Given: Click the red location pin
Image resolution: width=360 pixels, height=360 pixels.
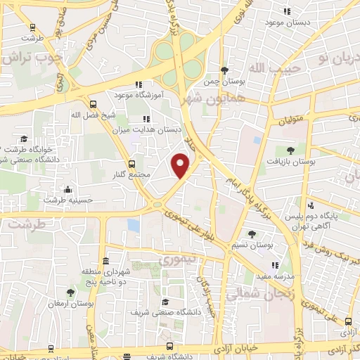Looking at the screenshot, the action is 181,165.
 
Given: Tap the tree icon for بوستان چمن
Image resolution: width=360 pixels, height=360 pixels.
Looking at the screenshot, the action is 224,70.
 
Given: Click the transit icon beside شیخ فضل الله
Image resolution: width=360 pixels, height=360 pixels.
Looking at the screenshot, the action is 93,103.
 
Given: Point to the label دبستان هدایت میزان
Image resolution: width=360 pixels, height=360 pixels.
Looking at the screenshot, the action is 158,129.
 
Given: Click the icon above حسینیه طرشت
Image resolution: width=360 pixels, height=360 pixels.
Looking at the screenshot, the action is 67,189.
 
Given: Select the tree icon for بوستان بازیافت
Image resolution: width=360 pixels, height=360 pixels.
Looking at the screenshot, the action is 290,150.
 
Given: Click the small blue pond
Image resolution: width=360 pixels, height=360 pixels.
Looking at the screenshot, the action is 134,225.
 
